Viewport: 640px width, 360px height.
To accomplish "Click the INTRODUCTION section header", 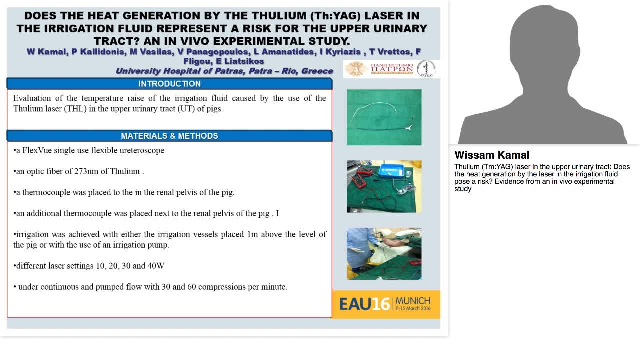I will coord(169,84).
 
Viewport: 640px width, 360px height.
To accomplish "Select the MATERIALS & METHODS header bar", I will coord(169,136).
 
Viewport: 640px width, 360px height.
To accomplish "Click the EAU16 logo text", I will coord(364,304).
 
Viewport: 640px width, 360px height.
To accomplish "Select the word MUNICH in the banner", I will coord(413,301).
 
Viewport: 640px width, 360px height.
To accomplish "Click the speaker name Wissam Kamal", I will coord(492,155).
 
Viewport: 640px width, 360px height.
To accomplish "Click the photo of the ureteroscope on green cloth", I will coord(384,117).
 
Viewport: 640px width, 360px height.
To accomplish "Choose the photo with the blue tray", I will coord(384,186).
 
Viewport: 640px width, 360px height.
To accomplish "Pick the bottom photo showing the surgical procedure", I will coord(384,253).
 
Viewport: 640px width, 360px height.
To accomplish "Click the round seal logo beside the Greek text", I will coord(426,69).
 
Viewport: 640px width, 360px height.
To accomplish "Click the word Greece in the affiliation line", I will coord(317,71).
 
